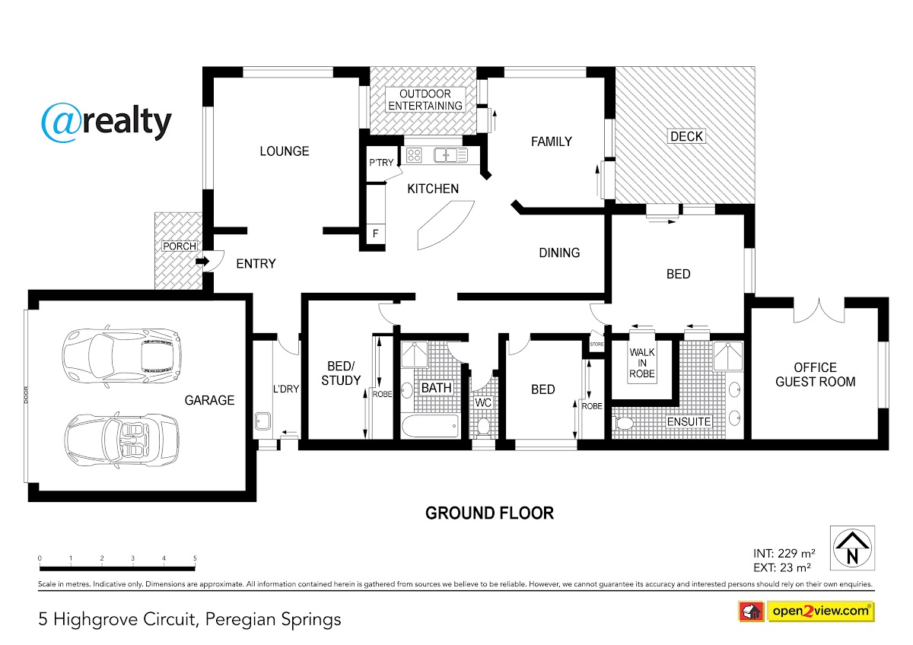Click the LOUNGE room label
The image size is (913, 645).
point(285,151)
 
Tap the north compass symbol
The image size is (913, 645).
point(852,548)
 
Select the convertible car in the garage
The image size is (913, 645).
point(122,440)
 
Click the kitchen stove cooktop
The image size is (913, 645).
point(414,155)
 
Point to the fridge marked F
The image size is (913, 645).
point(376,234)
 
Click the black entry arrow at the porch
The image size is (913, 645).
point(202,261)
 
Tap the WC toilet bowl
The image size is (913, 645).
point(483,425)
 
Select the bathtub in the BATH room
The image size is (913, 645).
point(431,426)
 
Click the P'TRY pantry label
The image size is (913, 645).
point(381,163)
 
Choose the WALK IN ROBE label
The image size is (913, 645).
point(642,363)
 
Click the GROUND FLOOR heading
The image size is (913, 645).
point(489,513)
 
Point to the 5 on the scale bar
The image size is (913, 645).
point(195,558)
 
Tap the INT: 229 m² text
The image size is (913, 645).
point(784,553)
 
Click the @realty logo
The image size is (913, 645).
point(107,122)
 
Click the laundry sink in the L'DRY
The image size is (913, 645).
point(263,421)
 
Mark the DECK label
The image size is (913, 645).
point(686,136)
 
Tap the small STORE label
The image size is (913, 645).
point(596,345)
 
